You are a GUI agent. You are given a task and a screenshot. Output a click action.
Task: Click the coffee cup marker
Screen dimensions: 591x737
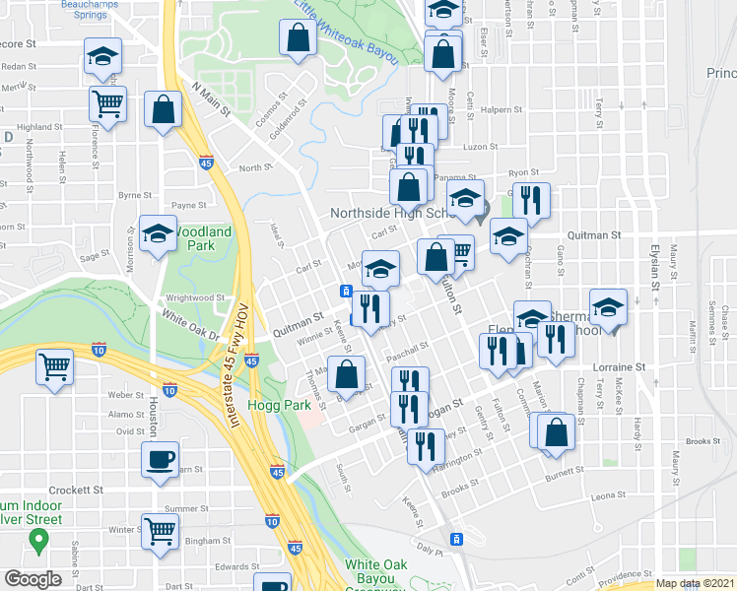pyautogui.click(x=160, y=460)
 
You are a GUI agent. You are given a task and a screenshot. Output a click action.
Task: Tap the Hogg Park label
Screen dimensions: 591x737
pyautogui.click(x=289, y=403)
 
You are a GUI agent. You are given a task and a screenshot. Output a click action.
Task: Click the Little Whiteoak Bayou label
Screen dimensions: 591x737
pyautogui.click(x=345, y=33)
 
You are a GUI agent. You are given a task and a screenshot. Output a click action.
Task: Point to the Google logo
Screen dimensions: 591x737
pyautogui.click(x=32, y=578)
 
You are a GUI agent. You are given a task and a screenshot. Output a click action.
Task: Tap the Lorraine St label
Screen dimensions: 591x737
pyautogui.click(x=621, y=365)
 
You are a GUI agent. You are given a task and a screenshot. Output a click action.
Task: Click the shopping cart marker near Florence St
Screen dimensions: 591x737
pyautogui.click(x=107, y=102)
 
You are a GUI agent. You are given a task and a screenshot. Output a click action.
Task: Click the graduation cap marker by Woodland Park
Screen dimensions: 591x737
pyautogui.click(x=158, y=234)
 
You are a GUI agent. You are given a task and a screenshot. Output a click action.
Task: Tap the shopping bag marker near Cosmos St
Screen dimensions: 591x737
pyautogui.click(x=297, y=39)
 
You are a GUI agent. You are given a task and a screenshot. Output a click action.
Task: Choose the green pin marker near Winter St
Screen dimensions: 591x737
pyautogui.click(x=38, y=539)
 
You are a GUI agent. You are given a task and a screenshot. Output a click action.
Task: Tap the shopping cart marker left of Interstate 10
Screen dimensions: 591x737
pyautogui.click(x=55, y=367)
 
